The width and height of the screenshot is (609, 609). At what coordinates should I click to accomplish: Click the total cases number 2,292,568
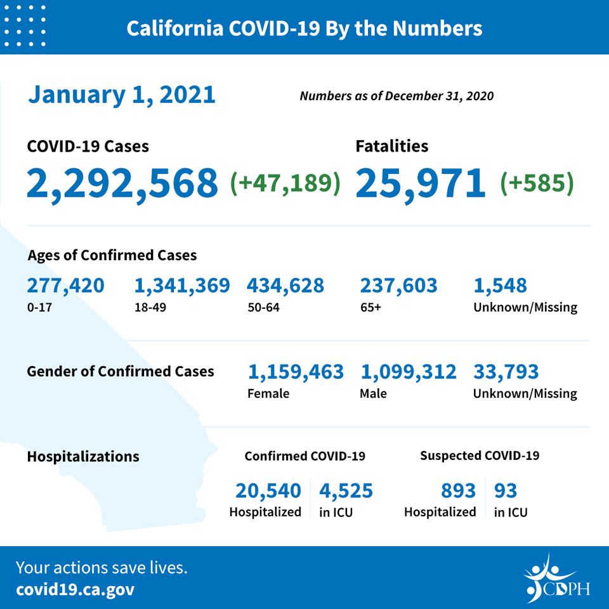pos(122,183)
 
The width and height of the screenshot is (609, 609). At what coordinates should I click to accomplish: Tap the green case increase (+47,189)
pos(285,183)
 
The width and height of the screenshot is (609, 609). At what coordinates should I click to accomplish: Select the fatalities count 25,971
pos(420,183)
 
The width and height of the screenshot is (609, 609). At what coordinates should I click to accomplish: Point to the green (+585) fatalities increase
pos(537,183)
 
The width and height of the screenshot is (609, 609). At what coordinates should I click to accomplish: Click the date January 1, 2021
pos(122,95)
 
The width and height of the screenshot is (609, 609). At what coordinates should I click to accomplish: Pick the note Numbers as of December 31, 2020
pos(396,96)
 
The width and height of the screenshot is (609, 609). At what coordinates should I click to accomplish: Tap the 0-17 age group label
pos(39,308)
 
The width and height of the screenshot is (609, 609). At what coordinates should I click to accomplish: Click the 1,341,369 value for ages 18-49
pos(182,286)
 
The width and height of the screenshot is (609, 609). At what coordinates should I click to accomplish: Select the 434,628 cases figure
pos(285,286)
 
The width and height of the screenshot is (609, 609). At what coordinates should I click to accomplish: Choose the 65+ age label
pos(371,308)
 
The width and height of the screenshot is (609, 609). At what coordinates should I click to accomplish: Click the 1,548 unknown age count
pos(501,286)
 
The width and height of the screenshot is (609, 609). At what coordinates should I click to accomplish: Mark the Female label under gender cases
pos(268,393)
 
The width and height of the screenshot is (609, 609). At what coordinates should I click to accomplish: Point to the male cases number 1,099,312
pos(409,372)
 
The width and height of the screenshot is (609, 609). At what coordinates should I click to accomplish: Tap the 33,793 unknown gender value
pos(506,372)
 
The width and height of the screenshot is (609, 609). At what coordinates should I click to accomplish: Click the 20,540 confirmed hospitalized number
pos(268,491)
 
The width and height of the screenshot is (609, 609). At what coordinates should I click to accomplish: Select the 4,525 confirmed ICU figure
pos(346,491)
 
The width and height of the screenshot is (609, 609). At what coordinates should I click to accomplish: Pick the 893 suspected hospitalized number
pos(458,491)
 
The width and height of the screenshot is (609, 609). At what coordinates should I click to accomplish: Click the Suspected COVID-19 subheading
pos(480,455)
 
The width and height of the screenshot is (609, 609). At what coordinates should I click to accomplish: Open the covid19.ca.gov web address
pos(75,589)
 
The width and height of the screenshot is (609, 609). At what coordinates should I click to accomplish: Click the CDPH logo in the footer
pos(556,579)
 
